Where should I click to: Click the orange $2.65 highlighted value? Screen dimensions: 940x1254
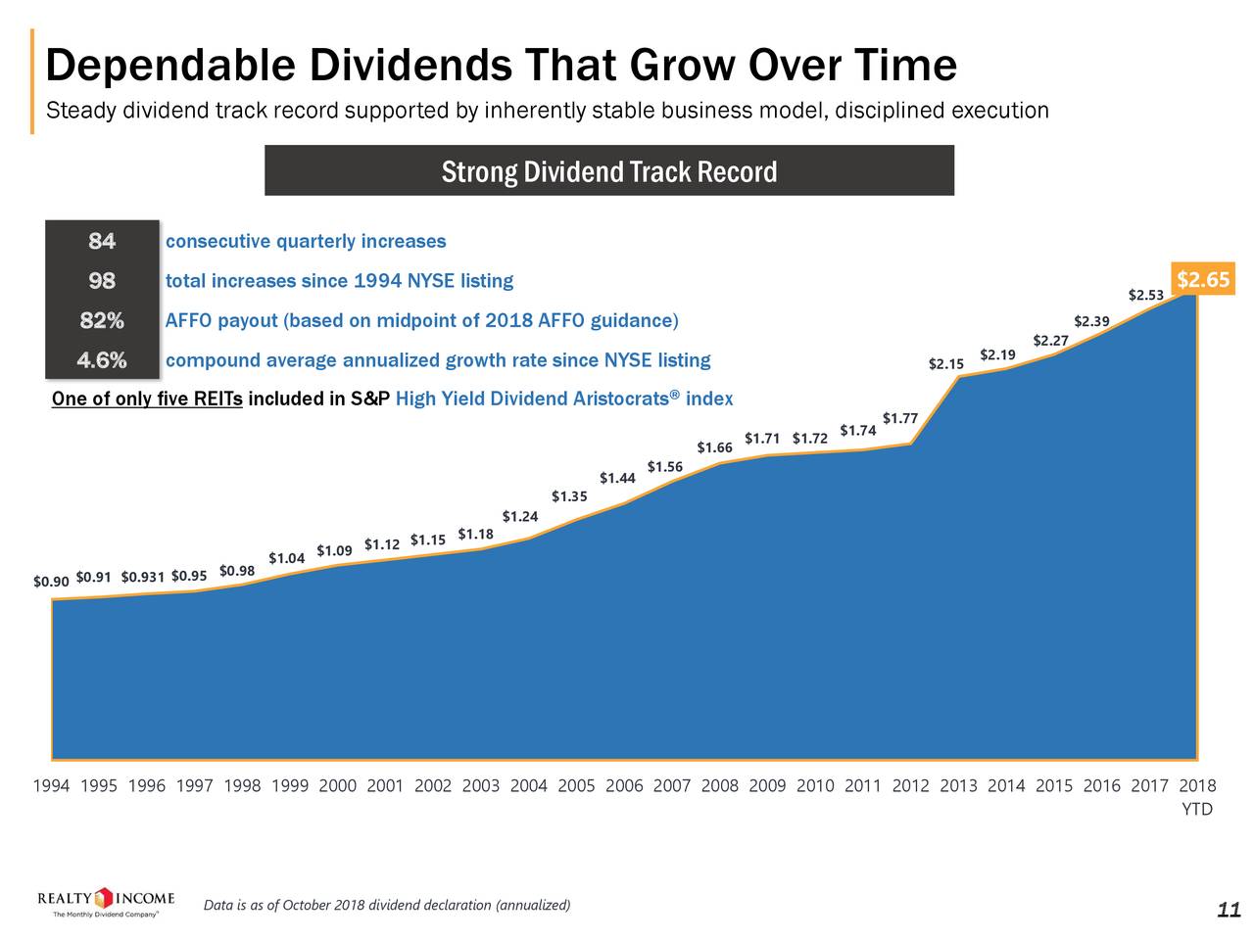1203,280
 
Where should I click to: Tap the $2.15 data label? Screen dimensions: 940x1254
945,364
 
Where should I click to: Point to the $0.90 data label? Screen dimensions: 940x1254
51,582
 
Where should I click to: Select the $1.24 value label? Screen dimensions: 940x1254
519,516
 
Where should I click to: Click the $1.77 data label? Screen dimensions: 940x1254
899,418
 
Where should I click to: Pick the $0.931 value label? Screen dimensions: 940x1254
143,576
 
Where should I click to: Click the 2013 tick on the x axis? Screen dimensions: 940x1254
957,785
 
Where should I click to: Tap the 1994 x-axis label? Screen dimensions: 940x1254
51,785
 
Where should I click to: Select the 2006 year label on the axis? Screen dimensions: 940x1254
624,785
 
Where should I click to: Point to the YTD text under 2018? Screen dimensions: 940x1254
1197,809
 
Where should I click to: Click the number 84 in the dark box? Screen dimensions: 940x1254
102,241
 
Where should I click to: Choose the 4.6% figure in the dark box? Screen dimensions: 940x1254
102,360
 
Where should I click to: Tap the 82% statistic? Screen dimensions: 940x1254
102,321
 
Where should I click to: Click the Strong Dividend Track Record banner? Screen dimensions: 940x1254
608,171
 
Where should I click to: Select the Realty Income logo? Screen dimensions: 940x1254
106,903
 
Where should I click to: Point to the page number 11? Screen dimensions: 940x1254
1228,911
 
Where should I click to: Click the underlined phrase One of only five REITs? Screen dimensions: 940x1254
147,399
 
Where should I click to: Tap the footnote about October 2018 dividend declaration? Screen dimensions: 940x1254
386,904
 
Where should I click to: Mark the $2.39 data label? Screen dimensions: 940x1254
1091,320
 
